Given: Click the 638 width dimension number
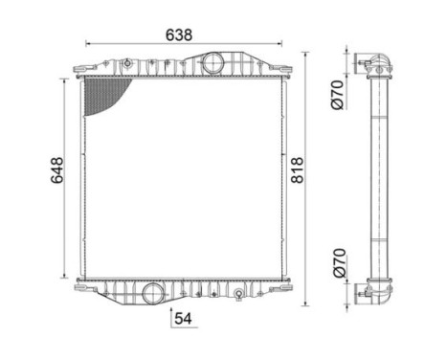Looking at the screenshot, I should click(x=179, y=34).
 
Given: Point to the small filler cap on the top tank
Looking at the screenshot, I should click(x=126, y=63).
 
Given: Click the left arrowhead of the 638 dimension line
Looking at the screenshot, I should click(x=89, y=44).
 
